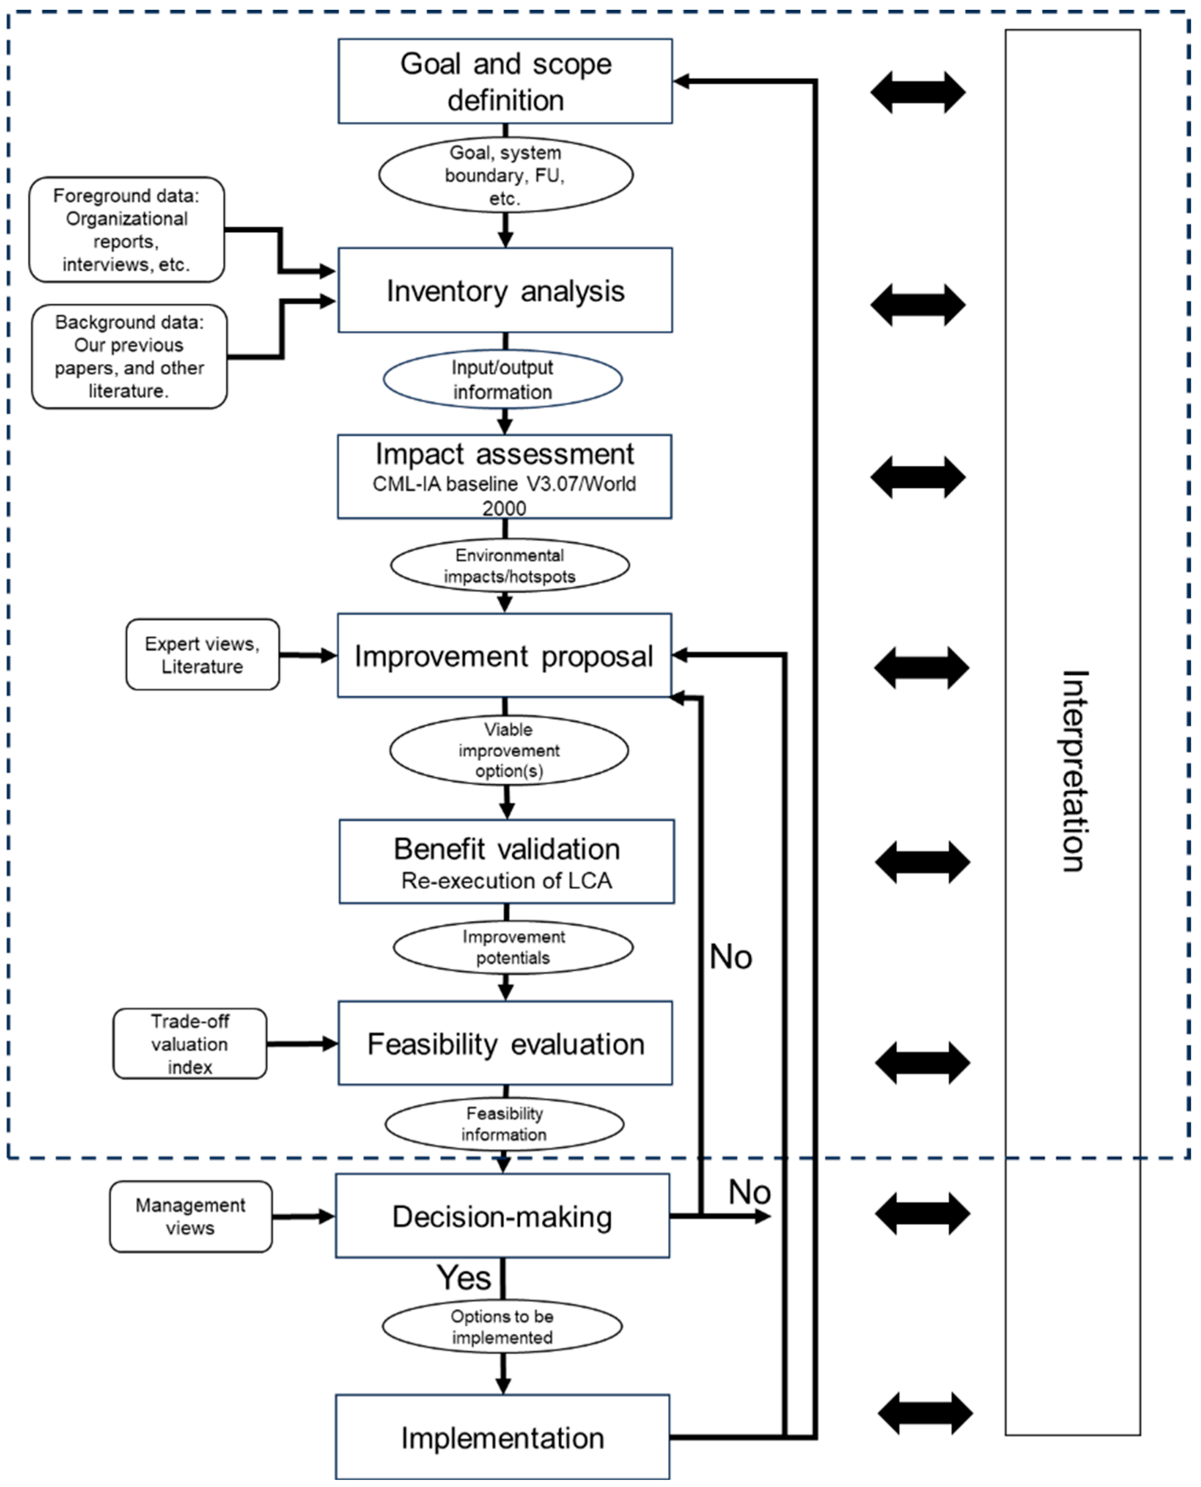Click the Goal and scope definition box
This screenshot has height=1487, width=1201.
505,81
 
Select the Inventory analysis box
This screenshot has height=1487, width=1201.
505,290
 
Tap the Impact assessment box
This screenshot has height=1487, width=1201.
504,477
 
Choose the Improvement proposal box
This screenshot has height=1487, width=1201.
504,655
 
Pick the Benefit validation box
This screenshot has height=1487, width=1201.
506,861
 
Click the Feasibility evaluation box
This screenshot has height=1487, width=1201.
505,1043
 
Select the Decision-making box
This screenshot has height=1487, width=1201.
502,1216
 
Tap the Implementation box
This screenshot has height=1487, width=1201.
502,1437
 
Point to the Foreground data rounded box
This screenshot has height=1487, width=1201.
127,230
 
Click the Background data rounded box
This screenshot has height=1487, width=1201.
130,356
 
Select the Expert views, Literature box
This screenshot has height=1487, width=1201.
203,655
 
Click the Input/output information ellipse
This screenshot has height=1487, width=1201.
503,379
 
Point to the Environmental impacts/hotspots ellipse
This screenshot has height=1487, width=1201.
510,565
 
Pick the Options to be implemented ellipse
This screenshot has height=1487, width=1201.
502,1326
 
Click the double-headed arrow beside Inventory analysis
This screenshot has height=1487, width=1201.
918,305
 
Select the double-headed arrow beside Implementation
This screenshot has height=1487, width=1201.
926,1413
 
